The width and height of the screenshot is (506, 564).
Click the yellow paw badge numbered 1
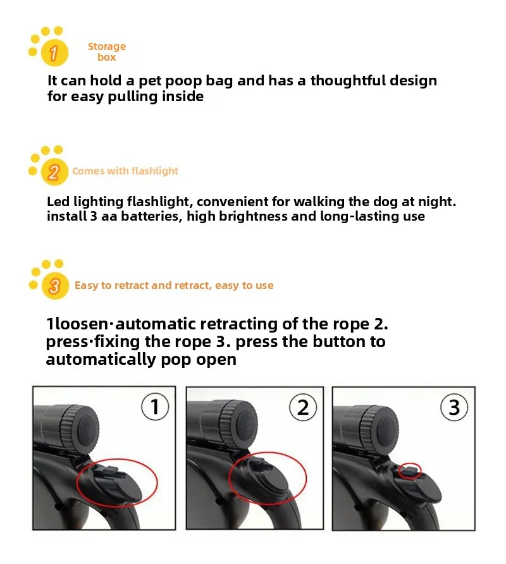coord(54,52)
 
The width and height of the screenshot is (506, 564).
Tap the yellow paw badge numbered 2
coord(54,171)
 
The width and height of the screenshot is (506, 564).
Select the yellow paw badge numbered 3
coord(54,286)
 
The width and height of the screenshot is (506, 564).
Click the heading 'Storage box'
coord(107,52)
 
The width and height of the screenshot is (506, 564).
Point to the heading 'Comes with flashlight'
coord(125,171)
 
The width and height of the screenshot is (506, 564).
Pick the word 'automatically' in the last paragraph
coord(101,359)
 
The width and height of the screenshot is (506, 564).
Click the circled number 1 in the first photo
coord(155,407)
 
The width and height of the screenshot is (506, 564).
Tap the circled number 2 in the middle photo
coord(303,408)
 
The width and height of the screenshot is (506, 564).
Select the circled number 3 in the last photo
coord(454,408)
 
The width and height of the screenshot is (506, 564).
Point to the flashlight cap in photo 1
coord(80,429)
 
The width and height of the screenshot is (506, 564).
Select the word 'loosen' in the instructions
coord(82,324)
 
